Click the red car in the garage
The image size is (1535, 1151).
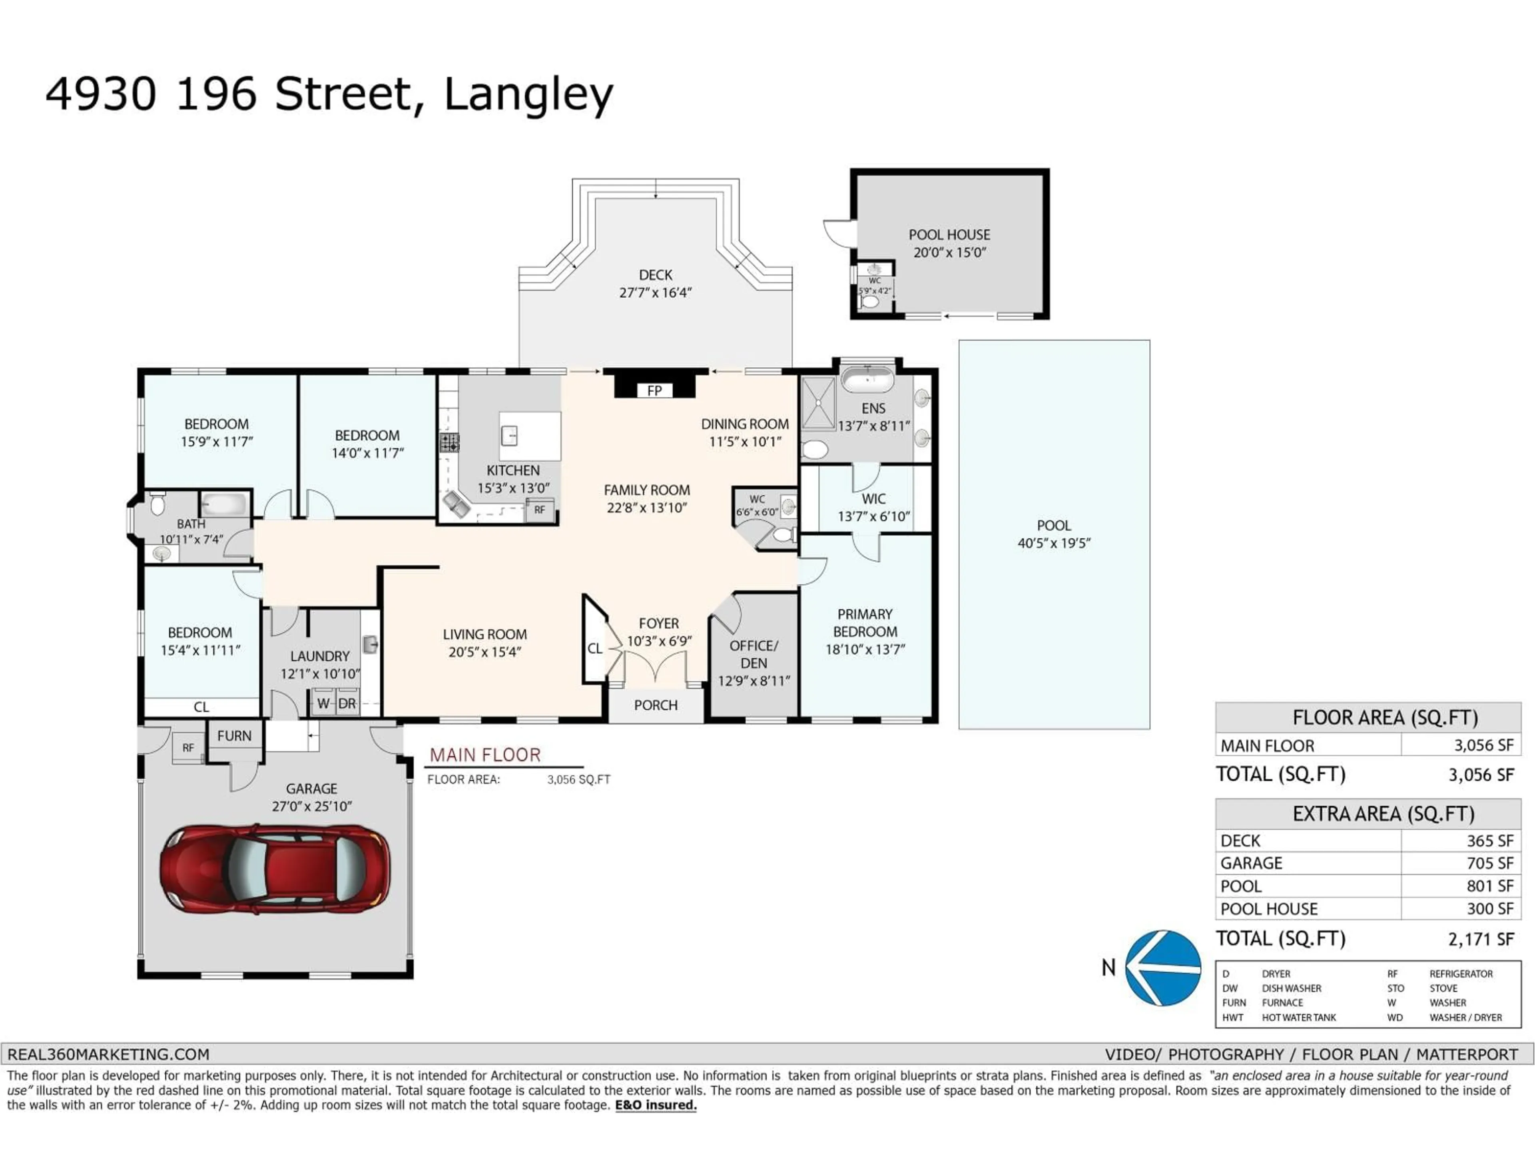(275, 868)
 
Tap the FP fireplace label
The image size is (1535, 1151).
(654, 390)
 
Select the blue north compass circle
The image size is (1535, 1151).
(1164, 968)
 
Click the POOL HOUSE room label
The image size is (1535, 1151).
(949, 235)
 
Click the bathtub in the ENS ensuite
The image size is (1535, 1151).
(867, 380)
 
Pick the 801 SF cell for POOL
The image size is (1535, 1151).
(1489, 886)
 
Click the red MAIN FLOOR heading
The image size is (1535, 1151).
(484, 755)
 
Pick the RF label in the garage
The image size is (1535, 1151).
(188, 748)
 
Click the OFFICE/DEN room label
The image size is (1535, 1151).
(754, 654)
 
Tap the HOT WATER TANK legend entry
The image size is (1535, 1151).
(1298, 1017)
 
